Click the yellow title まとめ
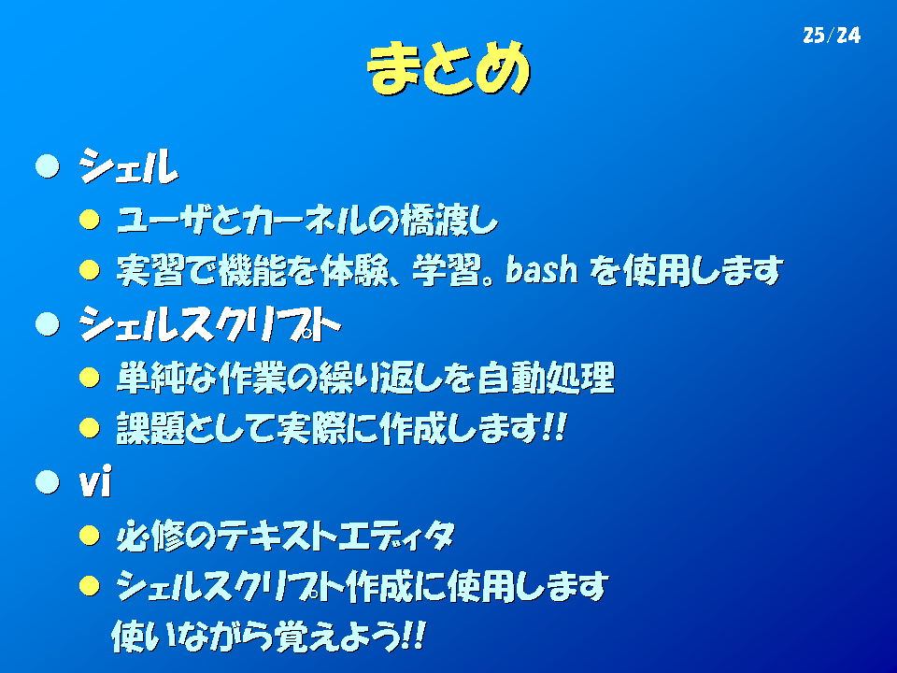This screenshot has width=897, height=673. click(x=448, y=67)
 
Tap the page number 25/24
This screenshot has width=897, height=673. click(x=832, y=36)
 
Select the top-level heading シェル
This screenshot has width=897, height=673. click(x=129, y=166)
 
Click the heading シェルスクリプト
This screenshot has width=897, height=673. click(x=210, y=324)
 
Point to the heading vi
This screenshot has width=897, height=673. click(x=95, y=482)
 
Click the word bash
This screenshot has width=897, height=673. click(x=542, y=269)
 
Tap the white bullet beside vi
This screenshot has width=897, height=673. click(x=48, y=482)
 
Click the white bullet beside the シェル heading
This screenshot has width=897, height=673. click(x=48, y=166)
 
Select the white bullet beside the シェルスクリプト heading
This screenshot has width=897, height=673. click(x=48, y=324)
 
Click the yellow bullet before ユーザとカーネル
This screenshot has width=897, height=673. click(x=90, y=220)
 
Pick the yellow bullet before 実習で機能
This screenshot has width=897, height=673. click(x=90, y=270)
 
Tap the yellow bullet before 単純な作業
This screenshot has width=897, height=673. click(x=90, y=378)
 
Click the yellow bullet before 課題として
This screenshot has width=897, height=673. click(x=90, y=427)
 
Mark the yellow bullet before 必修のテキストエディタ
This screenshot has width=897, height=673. click(x=90, y=536)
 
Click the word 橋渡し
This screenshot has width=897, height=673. click(x=449, y=220)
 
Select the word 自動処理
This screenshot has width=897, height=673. click(x=547, y=378)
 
